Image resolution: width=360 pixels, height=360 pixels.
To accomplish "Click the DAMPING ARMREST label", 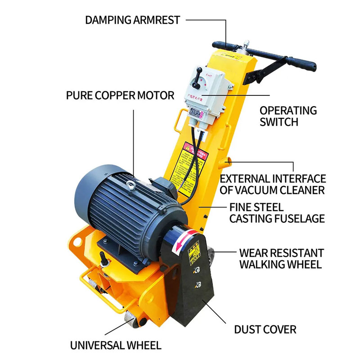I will [x=132, y=20].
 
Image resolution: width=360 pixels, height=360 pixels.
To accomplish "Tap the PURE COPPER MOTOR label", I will [x=120, y=95].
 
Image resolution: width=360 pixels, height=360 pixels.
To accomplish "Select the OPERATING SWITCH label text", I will [x=288, y=116].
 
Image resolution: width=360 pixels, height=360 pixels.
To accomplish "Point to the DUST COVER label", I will [x=265, y=329].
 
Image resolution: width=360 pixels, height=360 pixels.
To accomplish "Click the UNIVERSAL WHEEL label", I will [x=115, y=345].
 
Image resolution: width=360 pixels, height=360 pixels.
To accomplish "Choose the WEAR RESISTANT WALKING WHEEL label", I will [x=281, y=258].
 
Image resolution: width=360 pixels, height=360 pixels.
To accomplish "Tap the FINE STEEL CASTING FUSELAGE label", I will [x=277, y=213].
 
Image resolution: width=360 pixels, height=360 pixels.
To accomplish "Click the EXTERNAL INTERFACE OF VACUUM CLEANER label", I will [x=273, y=184].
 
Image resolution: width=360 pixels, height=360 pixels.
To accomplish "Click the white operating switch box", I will [x=203, y=94].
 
